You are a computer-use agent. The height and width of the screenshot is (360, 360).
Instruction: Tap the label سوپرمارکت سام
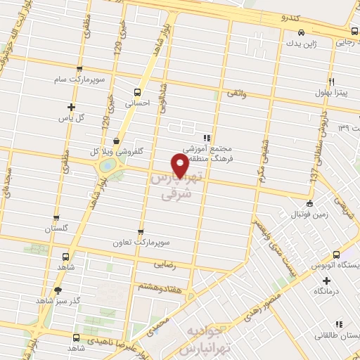pos(82,79)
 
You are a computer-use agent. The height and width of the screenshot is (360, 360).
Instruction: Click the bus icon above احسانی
pos(137,91)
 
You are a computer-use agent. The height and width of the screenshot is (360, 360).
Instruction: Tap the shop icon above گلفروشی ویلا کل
pos(116,141)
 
